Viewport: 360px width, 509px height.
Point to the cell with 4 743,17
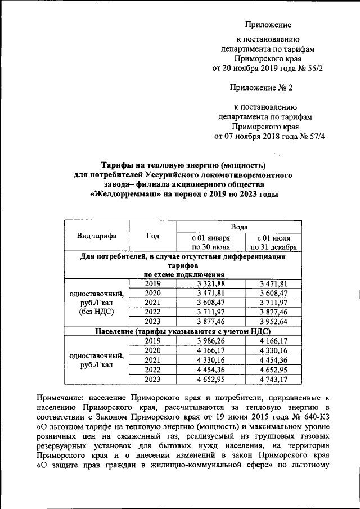tap(274, 380)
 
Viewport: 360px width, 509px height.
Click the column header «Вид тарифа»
tap(97, 236)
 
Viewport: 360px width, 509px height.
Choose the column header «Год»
tap(152, 236)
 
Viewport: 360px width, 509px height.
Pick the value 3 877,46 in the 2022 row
tap(274, 311)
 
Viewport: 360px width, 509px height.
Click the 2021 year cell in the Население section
tap(152, 360)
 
